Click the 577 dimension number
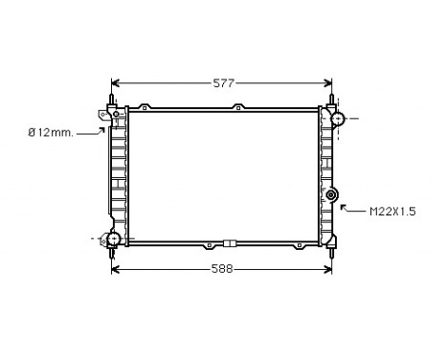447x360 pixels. point(223,83)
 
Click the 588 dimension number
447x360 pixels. point(223,269)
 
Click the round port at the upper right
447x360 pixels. point(337,118)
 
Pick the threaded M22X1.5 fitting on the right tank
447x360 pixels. point(333,195)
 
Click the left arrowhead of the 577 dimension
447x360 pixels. point(115,83)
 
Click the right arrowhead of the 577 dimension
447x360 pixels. point(330,83)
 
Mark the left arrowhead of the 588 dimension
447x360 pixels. point(115,269)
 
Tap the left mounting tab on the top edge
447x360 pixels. point(144,106)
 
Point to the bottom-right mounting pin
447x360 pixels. point(332,252)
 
